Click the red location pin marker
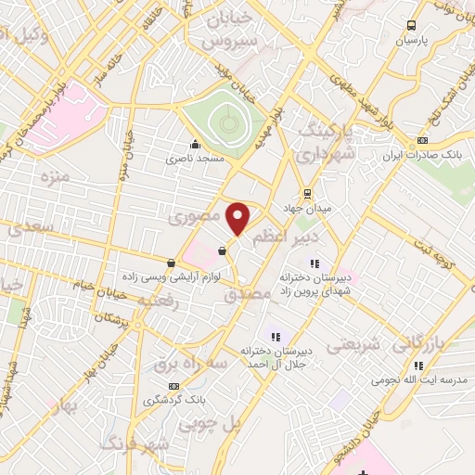239,219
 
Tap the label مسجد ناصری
195,159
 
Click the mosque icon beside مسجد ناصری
195,144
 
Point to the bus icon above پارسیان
412,26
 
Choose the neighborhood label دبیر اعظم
286,237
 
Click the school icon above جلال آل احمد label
275,336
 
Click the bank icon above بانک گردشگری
173,386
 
